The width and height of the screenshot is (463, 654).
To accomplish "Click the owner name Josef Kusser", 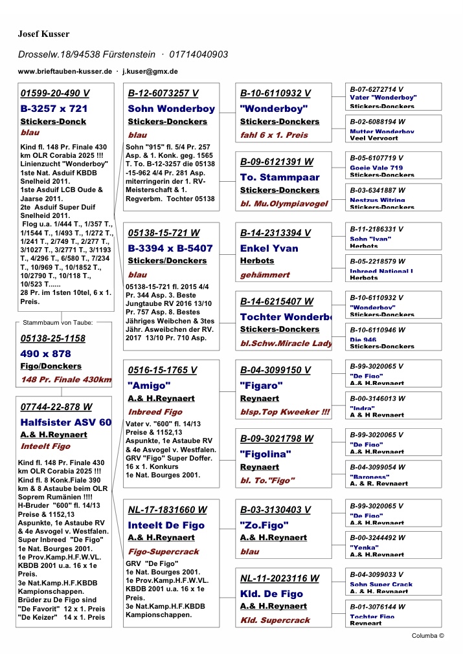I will click(x=43, y=34).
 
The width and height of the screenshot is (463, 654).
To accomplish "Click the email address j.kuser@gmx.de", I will click(x=150, y=71).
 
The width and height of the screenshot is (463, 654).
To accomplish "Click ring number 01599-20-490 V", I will click(x=55, y=93).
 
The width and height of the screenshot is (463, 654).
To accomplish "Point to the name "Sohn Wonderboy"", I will click(x=171, y=109).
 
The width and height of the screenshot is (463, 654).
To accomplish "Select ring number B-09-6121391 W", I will click(x=277, y=162).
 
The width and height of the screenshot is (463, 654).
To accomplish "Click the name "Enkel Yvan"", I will click(x=269, y=248).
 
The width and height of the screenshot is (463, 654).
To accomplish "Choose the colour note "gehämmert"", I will click(x=265, y=275).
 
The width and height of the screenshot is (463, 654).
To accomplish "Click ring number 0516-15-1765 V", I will click(x=163, y=370).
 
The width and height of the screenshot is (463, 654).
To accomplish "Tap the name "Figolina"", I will click(x=265, y=454).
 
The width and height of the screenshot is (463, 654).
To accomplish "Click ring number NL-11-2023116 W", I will click(x=279, y=578).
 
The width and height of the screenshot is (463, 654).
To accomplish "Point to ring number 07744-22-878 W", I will click(x=56, y=407).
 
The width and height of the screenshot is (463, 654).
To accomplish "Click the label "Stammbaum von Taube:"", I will click(x=58, y=322).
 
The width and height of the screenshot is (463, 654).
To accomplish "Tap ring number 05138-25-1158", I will click(x=53, y=338).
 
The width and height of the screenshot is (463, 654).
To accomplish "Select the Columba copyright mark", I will click(x=428, y=636).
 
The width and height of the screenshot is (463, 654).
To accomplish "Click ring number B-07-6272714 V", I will click(x=377, y=89).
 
